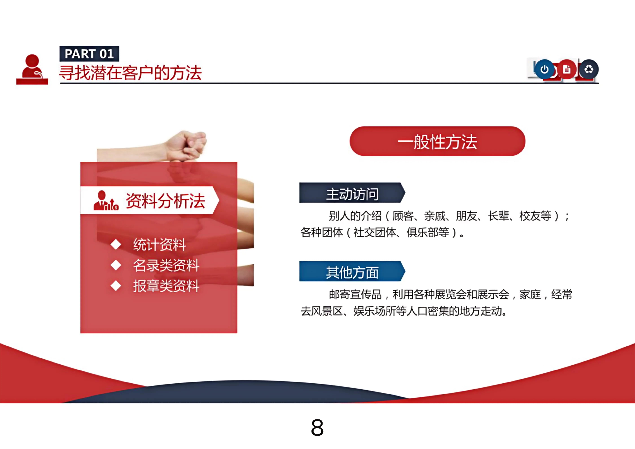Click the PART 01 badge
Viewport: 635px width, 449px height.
click(x=89, y=54)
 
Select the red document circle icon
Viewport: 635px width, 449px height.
click(x=567, y=69)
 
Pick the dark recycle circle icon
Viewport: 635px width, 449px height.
click(x=589, y=69)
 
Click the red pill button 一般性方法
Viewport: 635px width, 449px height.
click(x=437, y=141)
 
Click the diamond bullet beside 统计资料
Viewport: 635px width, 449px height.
click(x=116, y=244)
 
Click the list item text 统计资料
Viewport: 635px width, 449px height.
click(x=160, y=245)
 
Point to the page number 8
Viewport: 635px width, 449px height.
click(x=317, y=427)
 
